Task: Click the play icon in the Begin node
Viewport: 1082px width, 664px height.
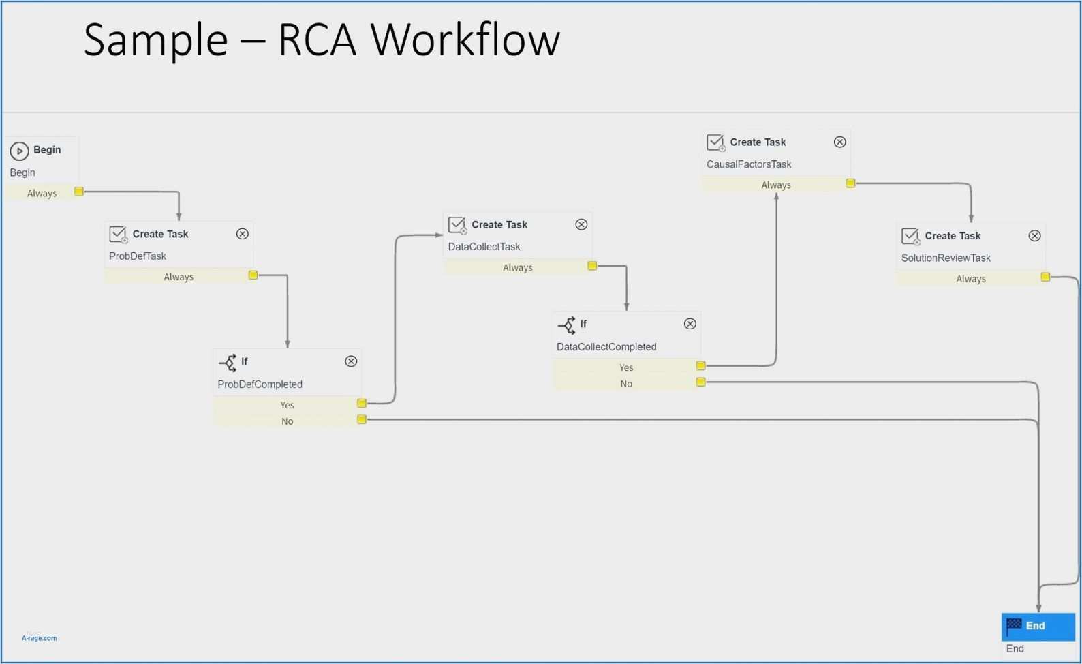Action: [x=19, y=151]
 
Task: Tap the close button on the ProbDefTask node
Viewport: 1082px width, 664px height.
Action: [x=243, y=234]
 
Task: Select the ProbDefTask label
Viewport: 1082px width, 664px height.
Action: [x=138, y=256]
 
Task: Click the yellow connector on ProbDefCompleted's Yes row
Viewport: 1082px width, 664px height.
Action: [x=362, y=404]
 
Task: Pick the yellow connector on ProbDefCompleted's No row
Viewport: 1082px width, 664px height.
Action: [x=362, y=420]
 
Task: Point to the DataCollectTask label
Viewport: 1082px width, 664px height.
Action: [x=484, y=247]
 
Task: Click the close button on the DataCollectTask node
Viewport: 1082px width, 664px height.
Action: [x=581, y=224]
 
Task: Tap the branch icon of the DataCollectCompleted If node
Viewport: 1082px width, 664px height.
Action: [x=567, y=325]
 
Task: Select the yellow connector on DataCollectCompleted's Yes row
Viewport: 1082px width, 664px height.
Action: [x=700, y=366]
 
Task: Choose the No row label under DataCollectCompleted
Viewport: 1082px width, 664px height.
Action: [x=626, y=384]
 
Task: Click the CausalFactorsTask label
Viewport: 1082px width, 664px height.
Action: [x=749, y=164]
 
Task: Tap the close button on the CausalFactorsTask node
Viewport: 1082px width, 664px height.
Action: [x=840, y=142]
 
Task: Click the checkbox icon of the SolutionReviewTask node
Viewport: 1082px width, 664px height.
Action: [x=910, y=237]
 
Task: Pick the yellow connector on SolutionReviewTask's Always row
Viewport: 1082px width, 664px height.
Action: [x=1045, y=277]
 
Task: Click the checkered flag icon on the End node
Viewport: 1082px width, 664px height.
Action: [x=1014, y=625]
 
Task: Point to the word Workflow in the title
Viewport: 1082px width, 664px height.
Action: [x=465, y=40]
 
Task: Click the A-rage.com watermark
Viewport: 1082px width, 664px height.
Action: [x=40, y=638]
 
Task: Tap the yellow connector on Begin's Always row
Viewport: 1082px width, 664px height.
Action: [x=79, y=192]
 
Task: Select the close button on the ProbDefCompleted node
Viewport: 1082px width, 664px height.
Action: [x=351, y=361]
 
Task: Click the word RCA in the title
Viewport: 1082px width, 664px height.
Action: [x=317, y=40]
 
